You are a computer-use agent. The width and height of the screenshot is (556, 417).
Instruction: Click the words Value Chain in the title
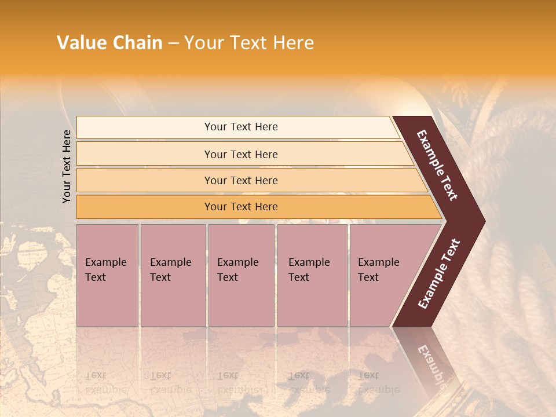click(109, 43)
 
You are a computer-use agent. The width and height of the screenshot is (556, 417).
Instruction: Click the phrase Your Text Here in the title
click(249, 43)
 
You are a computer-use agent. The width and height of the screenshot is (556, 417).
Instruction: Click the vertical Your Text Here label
click(67, 166)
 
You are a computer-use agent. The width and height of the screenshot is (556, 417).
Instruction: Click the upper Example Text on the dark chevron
click(437, 165)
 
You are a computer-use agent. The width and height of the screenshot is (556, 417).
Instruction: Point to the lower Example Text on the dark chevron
click(439, 274)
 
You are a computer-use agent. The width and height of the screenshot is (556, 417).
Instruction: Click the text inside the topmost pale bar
click(241, 127)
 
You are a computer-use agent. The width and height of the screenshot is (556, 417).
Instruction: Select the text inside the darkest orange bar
click(241, 207)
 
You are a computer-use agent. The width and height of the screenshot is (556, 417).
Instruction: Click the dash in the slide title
click(173, 43)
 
